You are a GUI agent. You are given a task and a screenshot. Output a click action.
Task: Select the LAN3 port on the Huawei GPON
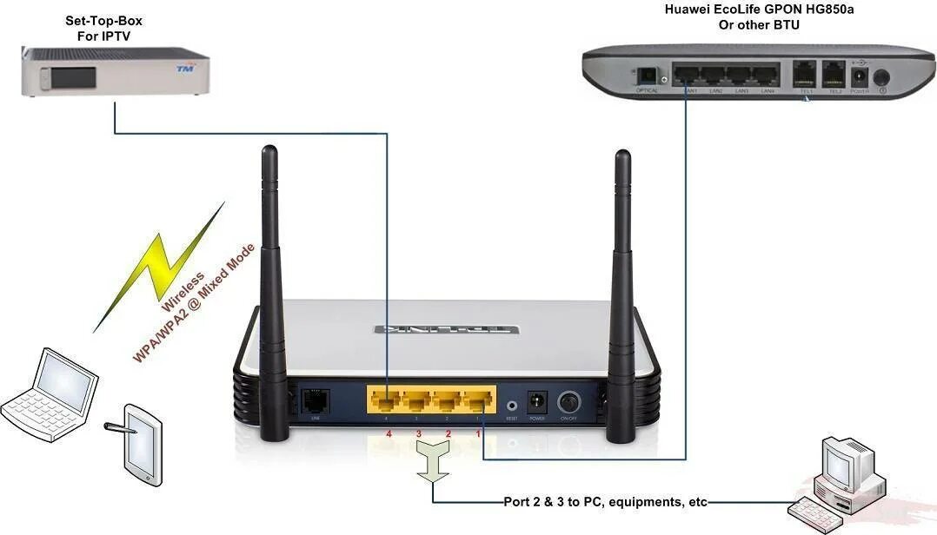click(741, 76)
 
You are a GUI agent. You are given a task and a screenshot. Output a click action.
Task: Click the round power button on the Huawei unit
click(881, 78)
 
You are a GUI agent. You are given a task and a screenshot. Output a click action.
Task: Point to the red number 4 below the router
click(388, 433)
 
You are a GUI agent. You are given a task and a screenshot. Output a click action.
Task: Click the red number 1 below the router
click(476, 433)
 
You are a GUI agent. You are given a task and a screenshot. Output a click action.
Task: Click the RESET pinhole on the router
click(512, 405)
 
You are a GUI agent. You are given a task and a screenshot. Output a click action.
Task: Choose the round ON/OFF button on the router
click(569, 403)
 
